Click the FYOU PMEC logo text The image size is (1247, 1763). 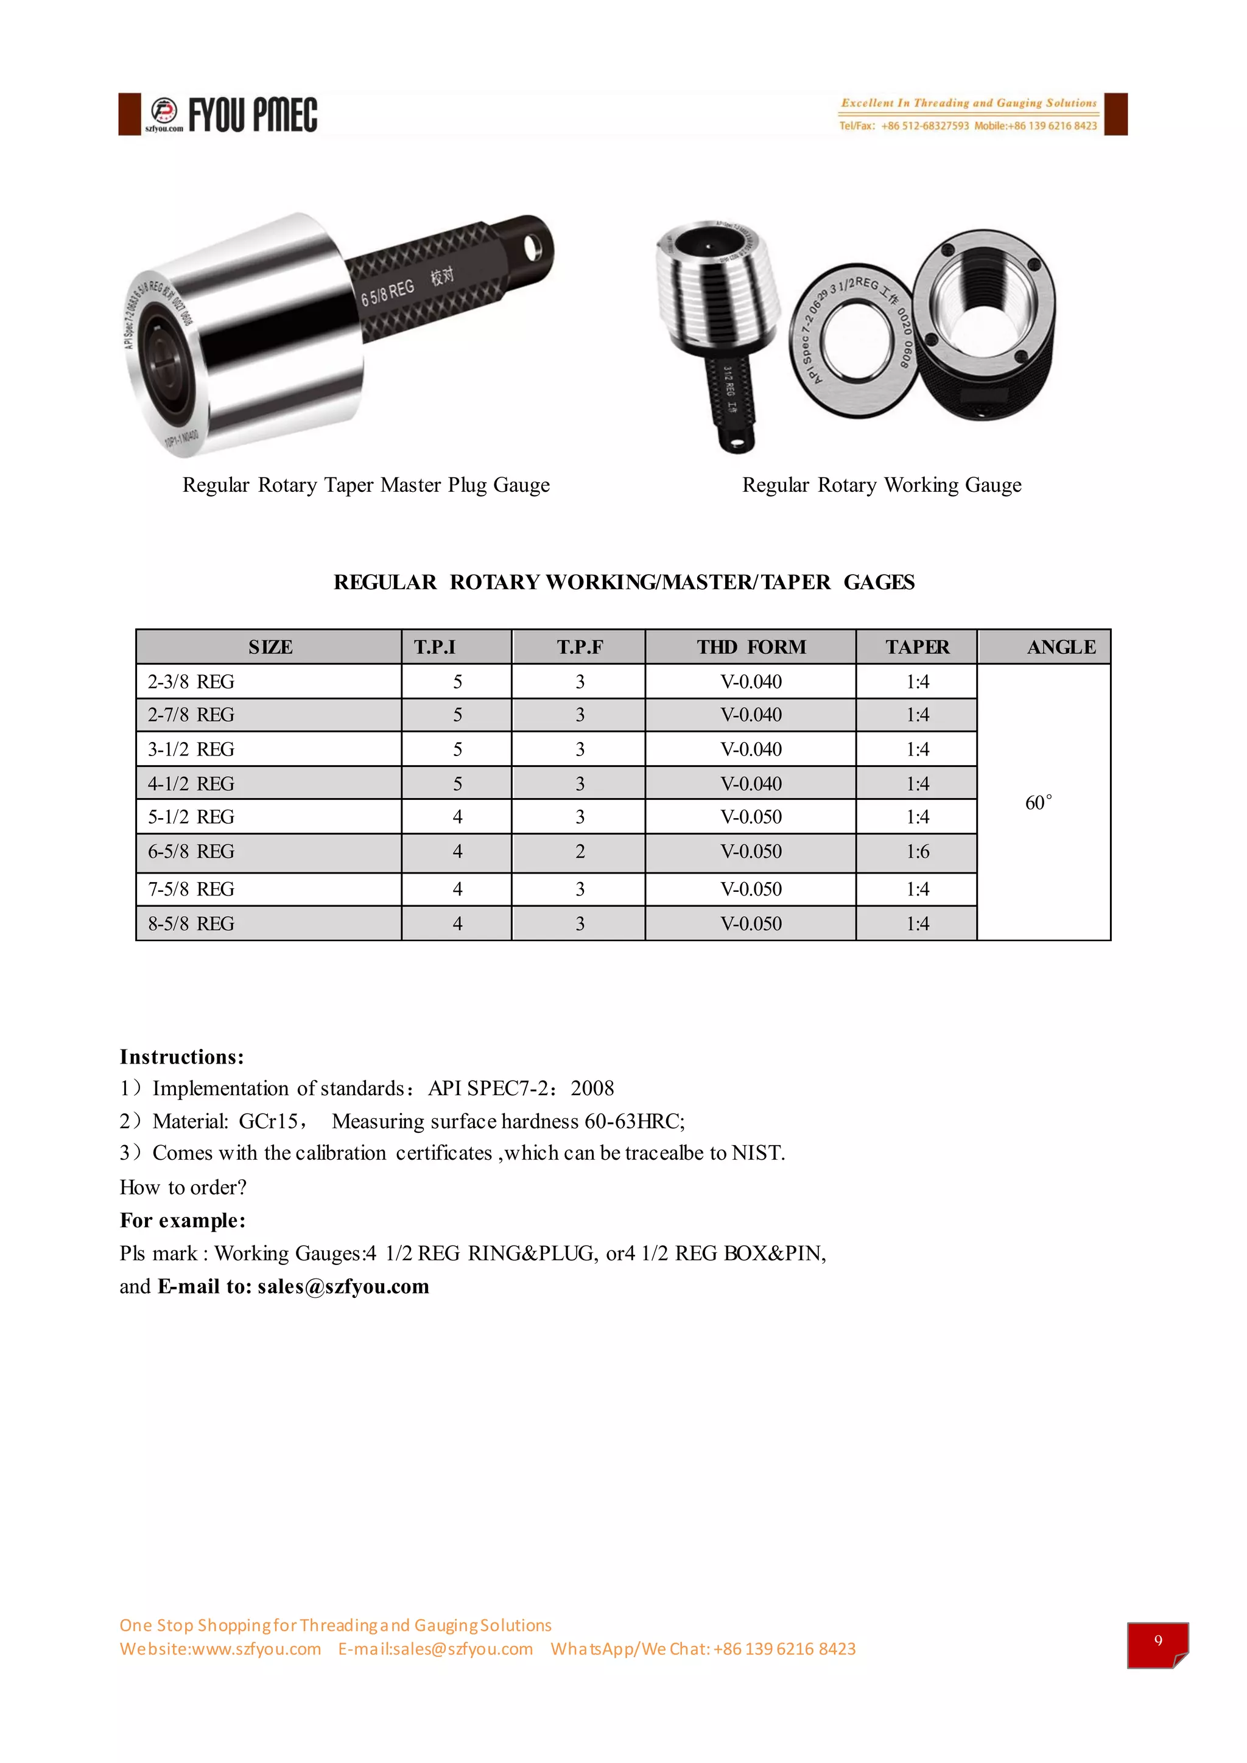tap(253, 115)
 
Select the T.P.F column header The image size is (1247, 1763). tap(580, 647)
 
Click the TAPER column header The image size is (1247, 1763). tap(917, 647)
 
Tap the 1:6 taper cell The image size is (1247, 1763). tap(917, 852)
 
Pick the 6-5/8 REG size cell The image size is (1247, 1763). tap(191, 852)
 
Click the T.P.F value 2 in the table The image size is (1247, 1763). tap(580, 852)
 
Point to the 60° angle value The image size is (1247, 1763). tap(1038, 803)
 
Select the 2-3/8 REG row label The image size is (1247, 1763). tap(191, 682)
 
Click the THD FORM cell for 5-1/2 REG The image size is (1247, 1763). tap(750, 817)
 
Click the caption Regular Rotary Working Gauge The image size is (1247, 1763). tap(882, 485)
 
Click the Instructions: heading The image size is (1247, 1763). tap(182, 1057)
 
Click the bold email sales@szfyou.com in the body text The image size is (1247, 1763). tap(343, 1286)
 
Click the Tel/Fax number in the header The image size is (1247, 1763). tap(924, 126)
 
